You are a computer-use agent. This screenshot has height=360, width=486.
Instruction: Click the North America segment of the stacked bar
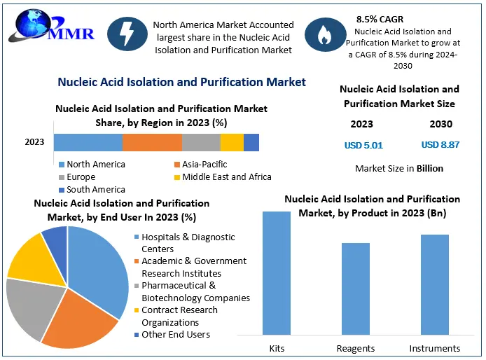pyautogui.click(x=88, y=142)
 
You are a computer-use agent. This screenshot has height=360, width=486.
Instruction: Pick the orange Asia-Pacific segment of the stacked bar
pyautogui.click(x=152, y=142)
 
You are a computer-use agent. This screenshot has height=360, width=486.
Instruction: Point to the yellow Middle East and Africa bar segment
pyautogui.click(x=232, y=142)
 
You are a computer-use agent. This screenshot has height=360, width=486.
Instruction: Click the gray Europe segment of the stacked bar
pyautogui.click(x=201, y=142)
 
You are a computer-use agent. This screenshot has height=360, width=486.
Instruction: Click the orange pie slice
pyautogui.click(x=78, y=321)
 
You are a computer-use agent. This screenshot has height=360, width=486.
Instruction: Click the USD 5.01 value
pyautogui.click(x=363, y=146)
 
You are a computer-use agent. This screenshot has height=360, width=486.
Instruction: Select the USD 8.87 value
pyautogui.click(x=440, y=145)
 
